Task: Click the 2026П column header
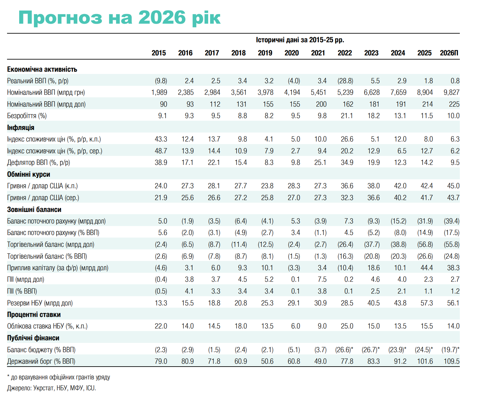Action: click(x=449, y=53)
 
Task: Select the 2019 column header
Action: click(x=265, y=53)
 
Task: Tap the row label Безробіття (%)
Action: click(x=27, y=116)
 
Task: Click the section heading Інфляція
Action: click(x=20, y=128)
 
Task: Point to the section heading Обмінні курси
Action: click(x=28, y=174)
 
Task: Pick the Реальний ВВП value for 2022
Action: click(x=345, y=81)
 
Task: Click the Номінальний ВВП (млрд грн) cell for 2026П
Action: click(x=452, y=93)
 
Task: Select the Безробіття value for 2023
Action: click(x=373, y=116)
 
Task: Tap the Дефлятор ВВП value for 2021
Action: click(x=320, y=163)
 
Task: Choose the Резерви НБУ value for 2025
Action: click(x=427, y=303)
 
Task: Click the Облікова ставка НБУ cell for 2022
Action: click(x=347, y=326)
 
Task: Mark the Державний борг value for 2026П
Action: click(x=452, y=361)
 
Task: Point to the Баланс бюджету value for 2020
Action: click(x=294, y=350)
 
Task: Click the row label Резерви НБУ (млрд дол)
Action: click(x=40, y=303)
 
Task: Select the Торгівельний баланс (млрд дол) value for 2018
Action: click(x=239, y=245)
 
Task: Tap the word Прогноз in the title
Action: click(x=60, y=18)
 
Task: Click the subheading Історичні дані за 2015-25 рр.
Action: click(x=300, y=40)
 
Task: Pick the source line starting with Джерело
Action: click(x=52, y=388)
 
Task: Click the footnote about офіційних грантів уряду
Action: click(x=59, y=377)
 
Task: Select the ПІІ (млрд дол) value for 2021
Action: click(x=322, y=280)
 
